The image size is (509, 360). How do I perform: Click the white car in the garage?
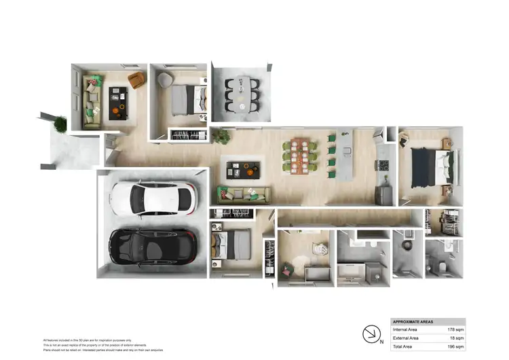[153, 199]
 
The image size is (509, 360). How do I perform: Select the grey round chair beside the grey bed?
[165, 81]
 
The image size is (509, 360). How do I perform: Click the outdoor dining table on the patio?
[242, 95]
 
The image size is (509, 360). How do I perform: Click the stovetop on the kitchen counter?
[383, 166]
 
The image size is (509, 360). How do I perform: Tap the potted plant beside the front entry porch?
[60, 124]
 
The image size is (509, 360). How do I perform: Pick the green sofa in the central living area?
[243, 195]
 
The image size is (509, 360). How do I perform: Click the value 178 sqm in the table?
[454, 329]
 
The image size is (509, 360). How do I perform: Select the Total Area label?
[406, 346]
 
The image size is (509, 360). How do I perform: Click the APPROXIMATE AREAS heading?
[413, 321]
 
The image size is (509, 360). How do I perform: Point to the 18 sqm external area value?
[455, 338]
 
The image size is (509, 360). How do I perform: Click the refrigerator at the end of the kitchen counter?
[385, 195]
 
